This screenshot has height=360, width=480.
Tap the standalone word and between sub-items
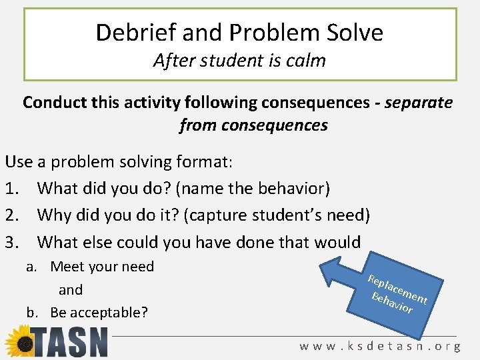71,290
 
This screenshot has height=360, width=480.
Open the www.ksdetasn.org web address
380,346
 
